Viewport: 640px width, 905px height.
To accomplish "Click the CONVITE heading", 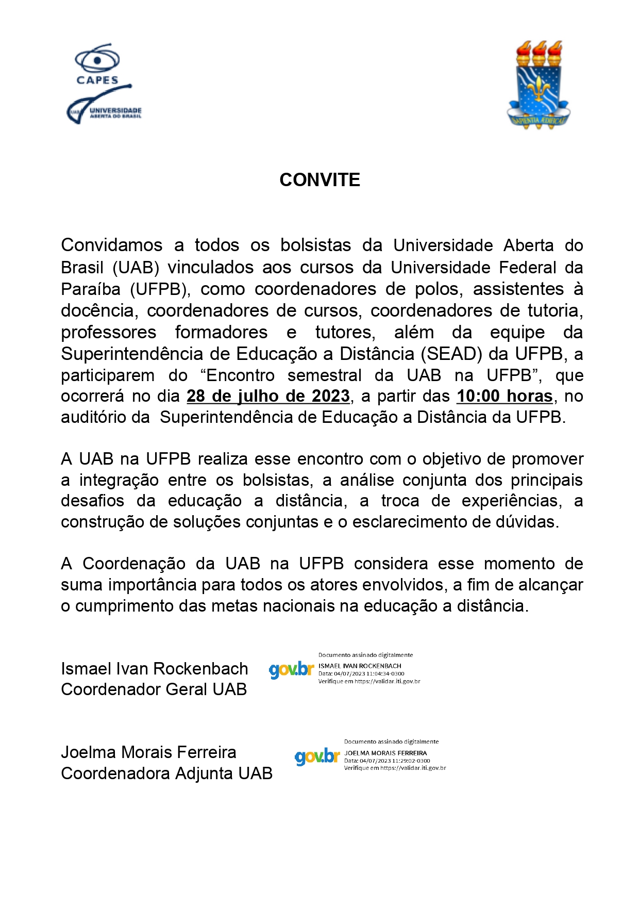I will pos(319,180).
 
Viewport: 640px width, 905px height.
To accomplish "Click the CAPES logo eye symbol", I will pos(97,60).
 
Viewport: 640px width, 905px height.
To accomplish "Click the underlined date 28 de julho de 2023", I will pos(268,396).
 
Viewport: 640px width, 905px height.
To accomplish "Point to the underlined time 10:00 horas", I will pos(504,396).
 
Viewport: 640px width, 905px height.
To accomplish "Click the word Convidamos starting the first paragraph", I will pos(111,245).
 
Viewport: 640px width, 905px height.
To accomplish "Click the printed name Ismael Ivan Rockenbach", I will pos(154,668).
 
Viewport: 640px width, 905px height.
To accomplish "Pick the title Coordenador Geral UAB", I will pos(154,689).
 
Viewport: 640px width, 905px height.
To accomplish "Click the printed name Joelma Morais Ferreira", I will pos(148,752).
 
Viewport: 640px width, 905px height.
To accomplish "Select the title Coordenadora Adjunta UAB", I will pos(166,774).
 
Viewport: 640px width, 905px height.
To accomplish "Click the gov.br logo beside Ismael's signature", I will pos(291,669).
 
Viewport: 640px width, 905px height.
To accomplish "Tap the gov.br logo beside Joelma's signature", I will pos(317,756).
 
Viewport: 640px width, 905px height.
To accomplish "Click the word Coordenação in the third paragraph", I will pos(134,564).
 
